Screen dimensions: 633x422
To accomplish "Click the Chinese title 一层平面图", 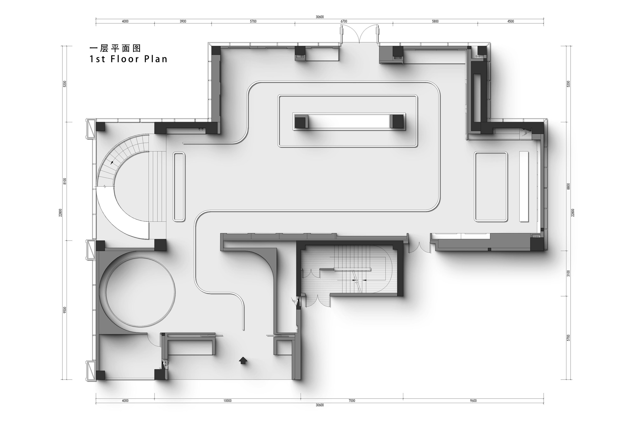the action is [115, 48].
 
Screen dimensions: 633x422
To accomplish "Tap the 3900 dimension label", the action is [183, 21].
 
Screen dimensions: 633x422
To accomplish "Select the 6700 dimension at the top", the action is [344, 21].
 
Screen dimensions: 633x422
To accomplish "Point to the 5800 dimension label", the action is [435, 21].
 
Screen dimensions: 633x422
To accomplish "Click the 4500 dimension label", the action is [511, 21].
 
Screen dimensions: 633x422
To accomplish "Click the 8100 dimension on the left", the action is [64, 181].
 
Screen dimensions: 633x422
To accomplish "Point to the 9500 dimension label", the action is [64, 310].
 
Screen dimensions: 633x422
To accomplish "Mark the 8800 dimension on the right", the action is [569, 186].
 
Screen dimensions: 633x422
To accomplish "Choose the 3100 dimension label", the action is [569, 273].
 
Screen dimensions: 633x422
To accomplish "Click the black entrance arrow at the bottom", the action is [243, 360].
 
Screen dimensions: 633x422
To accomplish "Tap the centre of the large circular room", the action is [140, 292].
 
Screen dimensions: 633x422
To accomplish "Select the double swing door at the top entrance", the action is [360, 34].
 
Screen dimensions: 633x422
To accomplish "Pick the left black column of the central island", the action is [301, 121].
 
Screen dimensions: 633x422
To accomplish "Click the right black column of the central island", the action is [397, 121].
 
